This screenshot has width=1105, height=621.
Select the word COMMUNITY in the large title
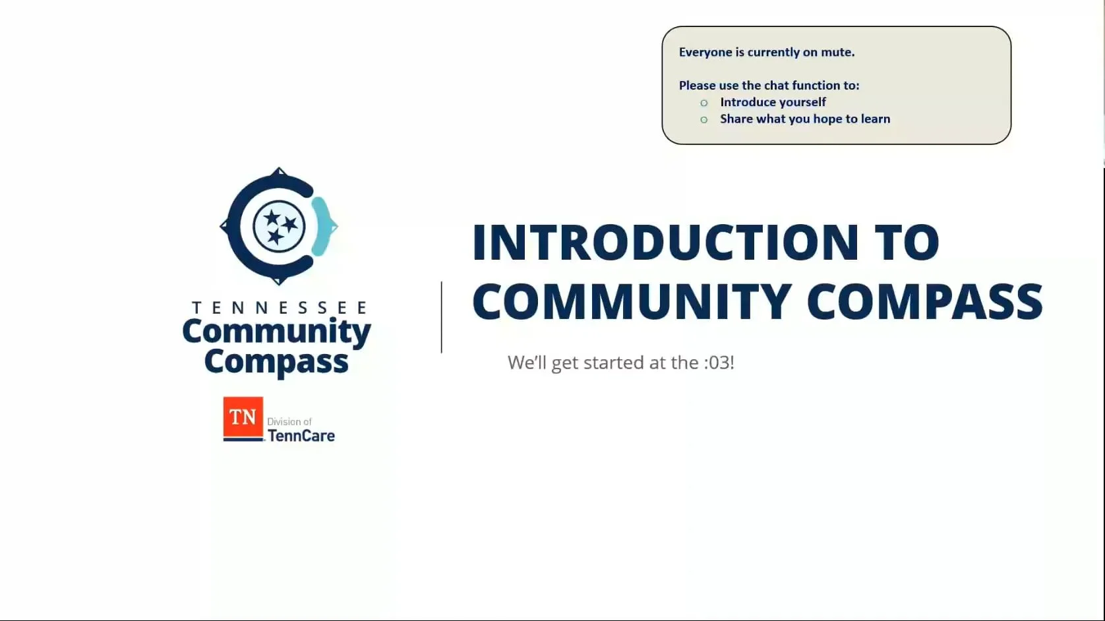[632, 301]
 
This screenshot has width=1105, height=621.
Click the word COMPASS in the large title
[924, 301]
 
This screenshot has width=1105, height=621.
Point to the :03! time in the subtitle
[718, 363]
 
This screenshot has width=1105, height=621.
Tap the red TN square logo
[243, 418]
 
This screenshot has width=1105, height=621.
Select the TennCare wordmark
[301, 436]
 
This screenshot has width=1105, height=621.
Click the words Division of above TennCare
[289, 422]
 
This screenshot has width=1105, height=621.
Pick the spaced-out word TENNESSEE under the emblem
[279, 308]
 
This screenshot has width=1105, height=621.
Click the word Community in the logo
[276, 332]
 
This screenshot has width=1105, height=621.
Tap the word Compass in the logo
[276, 362]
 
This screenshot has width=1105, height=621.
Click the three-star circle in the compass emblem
[279, 225]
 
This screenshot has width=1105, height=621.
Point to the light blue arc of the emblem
[321, 225]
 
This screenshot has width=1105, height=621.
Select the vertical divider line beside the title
[442, 317]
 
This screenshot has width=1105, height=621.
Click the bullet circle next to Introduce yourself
[704, 103]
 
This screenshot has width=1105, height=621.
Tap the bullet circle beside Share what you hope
[704, 119]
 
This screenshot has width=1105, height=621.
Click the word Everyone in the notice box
[705, 52]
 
